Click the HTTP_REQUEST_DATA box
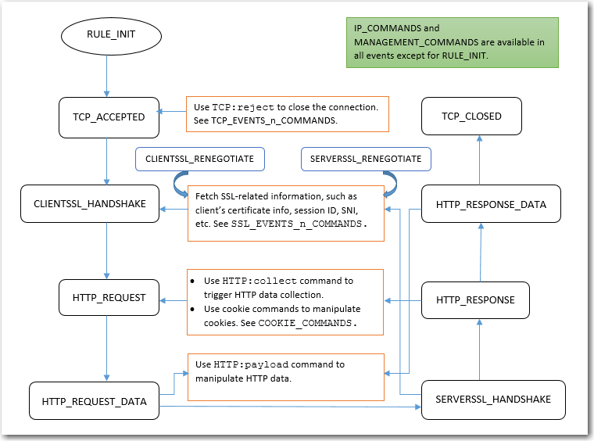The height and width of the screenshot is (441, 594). tap(94, 401)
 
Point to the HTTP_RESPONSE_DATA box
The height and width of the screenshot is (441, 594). tap(491, 204)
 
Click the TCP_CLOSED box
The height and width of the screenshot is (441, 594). tap(471, 116)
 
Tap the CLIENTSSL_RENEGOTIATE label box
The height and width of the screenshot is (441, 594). tap(199, 159)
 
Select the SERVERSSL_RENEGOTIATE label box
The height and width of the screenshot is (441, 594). tap(366, 159)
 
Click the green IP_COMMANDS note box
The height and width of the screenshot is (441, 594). tap(453, 42)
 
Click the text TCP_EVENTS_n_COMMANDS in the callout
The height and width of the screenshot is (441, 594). tap(267, 121)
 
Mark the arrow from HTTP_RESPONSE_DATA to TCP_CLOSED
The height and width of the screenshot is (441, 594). tap(481, 160)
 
